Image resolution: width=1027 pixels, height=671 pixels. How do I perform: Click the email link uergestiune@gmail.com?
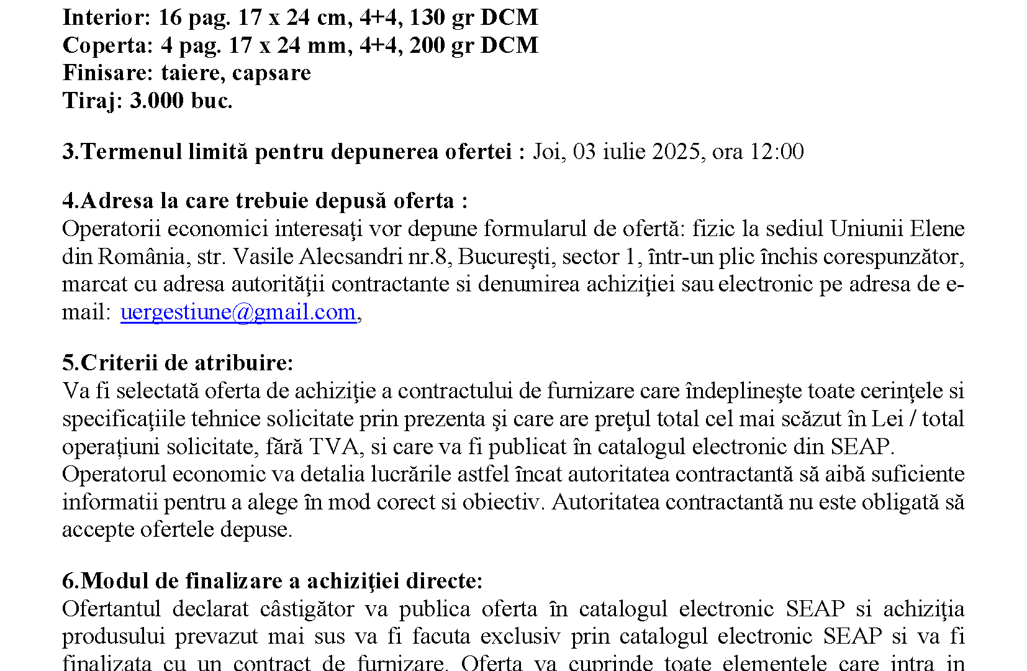pyautogui.click(x=238, y=312)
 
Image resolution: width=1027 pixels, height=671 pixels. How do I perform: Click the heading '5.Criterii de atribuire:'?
pyautogui.click(x=178, y=363)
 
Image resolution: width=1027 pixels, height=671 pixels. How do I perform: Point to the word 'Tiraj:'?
pyautogui.click(x=93, y=101)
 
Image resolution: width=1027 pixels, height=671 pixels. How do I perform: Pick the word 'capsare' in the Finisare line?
pyautogui.click(x=271, y=73)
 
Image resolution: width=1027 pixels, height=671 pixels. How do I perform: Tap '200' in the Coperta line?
pyautogui.click(x=427, y=45)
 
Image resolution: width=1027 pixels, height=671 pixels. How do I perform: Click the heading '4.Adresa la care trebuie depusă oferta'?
pyautogui.click(x=265, y=201)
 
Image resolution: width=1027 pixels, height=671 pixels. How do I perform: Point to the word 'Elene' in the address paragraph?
pyautogui.click(x=937, y=229)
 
